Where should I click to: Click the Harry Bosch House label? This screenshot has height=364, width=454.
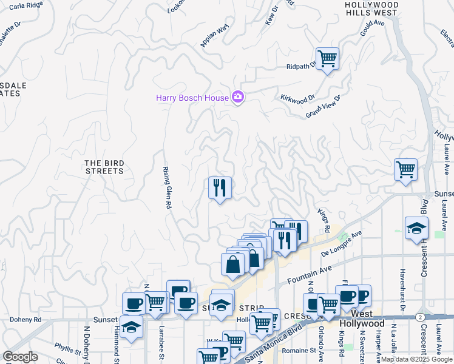[x=192, y=97]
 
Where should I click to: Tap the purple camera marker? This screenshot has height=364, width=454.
[x=238, y=97]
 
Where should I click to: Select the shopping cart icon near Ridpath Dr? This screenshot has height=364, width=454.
[x=327, y=59]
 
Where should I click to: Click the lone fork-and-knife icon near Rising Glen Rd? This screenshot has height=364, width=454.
[x=220, y=187]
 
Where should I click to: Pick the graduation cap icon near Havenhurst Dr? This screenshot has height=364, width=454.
[x=417, y=228]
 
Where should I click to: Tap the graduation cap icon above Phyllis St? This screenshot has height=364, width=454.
[x=131, y=327]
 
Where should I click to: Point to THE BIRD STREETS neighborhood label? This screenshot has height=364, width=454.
[x=104, y=167]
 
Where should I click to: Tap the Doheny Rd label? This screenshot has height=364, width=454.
[x=25, y=319]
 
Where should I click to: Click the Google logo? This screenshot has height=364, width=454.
[x=20, y=357]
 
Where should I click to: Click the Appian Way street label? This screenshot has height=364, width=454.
[x=214, y=36]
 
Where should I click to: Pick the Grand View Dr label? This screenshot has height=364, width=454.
[x=323, y=106]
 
